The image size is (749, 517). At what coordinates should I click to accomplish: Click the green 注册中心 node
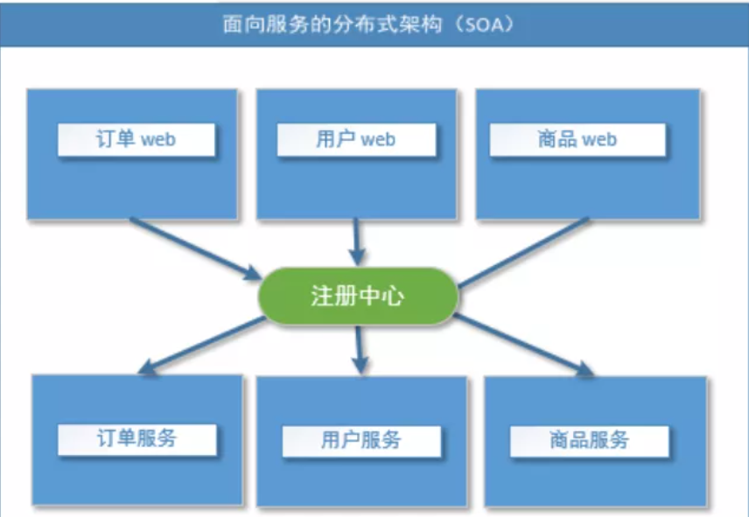click(358, 297)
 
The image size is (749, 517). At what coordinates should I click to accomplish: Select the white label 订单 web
click(136, 140)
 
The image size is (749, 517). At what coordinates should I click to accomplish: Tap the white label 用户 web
click(356, 140)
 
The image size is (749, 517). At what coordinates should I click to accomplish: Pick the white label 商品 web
click(577, 140)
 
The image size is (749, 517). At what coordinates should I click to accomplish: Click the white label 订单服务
click(136, 438)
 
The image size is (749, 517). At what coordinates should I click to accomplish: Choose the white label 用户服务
click(360, 440)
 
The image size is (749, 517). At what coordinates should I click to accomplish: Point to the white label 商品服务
click(589, 440)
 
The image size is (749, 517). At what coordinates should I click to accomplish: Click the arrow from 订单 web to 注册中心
click(192, 246)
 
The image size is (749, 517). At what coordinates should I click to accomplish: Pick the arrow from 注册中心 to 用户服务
click(358, 348)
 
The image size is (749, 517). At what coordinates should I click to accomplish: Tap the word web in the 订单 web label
click(158, 140)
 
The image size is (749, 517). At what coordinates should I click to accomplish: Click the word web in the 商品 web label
click(599, 140)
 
